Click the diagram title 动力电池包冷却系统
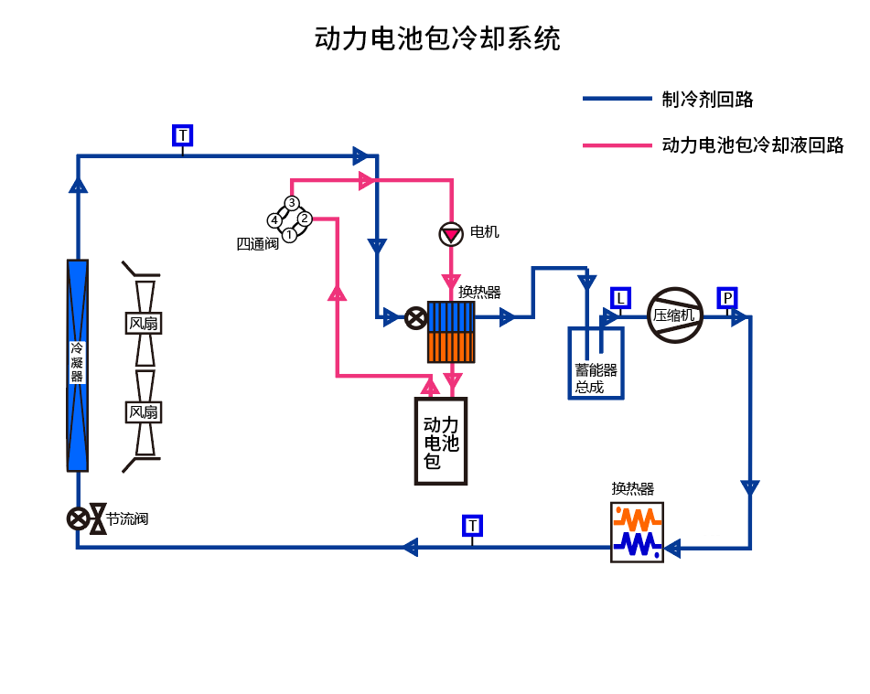(437, 38)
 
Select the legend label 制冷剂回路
(707, 100)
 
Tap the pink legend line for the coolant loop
(617, 145)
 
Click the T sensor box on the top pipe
(183, 135)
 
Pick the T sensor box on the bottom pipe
(472, 525)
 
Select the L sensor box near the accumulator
(620, 297)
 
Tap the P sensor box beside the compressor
(727, 297)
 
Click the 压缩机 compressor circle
(674, 315)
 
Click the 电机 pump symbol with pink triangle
(451, 234)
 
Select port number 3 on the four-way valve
(291, 202)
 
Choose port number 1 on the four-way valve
(289, 235)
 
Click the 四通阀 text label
(257, 244)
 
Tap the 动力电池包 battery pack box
(440, 441)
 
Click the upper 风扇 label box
(143, 323)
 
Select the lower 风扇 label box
(143, 411)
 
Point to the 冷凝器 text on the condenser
(77, 363)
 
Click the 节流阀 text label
(126, 519)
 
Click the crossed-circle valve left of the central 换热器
(415, 317)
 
